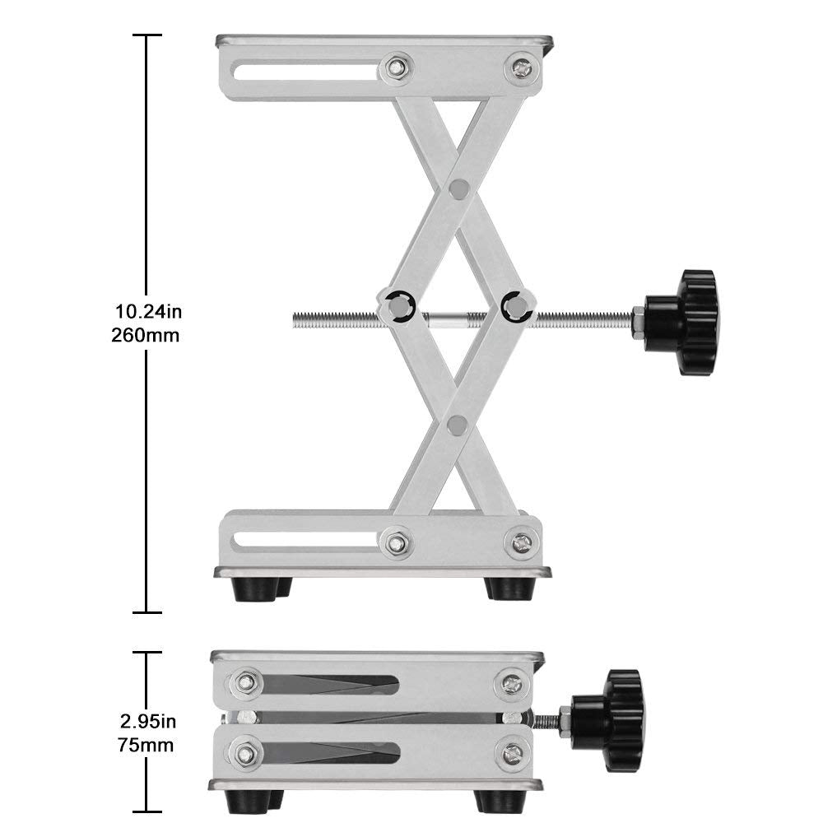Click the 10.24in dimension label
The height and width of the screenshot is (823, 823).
[x=147, y=312]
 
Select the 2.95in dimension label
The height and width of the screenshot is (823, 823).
[x=147, y=723]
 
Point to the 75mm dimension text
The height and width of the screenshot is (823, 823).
[x=146, y=746]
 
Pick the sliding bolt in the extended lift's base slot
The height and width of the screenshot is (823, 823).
[x=398, y=542]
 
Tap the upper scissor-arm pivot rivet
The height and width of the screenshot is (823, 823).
[x=460, y=188]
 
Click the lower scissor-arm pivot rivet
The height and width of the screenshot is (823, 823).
[x=458, y=425]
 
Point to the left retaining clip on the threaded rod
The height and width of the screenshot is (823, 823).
[x=398, y=305]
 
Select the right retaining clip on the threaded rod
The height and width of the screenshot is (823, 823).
[x=516, y=305]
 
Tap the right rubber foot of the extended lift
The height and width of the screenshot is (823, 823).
[x=507, y=588]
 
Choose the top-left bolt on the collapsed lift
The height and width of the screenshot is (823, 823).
[x=244, y=682]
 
